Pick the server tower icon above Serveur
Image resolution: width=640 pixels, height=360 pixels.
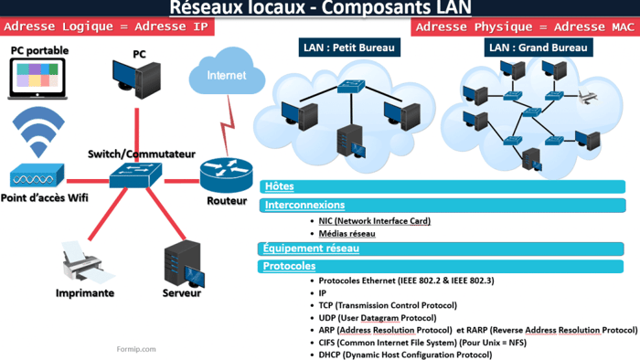[x=180, y=263]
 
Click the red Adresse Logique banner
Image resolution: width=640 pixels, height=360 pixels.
[x=107, y=26]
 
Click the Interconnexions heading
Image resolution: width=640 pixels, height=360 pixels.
[x=304, y=206]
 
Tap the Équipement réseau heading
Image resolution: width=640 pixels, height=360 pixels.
[x=311, y=248]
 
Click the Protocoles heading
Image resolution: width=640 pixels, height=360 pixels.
[x=290, y=267]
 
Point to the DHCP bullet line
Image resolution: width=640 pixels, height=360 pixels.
[x=405, y=355]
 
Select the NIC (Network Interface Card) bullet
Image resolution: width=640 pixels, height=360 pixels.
[x=375, y=221]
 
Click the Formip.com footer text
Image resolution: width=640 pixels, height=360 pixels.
[x=136, y=348]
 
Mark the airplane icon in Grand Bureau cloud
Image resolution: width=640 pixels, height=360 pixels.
[x=586, y=96]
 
